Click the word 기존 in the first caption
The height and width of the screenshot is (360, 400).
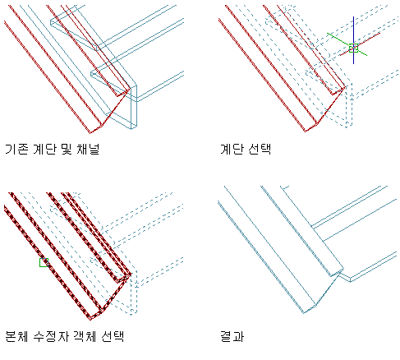(16, 150)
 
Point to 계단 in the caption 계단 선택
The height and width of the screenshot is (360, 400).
(232, 150)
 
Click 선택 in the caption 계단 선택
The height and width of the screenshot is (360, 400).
(260, 150)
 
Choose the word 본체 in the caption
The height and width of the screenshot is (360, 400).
(16, 336)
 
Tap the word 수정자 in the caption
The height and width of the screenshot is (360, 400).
(51, 336)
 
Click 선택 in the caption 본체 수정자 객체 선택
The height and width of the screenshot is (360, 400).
(113, 336)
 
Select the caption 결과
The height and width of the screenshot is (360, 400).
(232, 336)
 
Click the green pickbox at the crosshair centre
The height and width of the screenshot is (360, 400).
(353, 48)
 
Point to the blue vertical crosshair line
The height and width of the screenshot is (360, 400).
(353, 40)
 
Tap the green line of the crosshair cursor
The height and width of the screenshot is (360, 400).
(347, 44)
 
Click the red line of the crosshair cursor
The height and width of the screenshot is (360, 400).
(360, 44)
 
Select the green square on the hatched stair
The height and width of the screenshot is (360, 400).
(44, 262)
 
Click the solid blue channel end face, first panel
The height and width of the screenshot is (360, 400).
(134, 107)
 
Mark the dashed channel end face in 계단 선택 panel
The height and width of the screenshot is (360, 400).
(349, 105)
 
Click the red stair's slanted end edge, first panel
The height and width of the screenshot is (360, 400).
(109, 112)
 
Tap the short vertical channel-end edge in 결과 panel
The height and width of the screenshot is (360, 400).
(350, 279)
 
